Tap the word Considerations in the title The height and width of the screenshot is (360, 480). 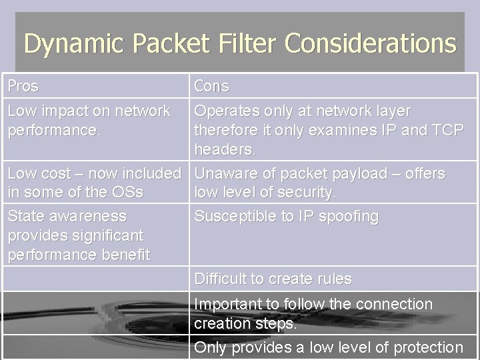(371, 44)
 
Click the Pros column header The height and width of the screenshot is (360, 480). (23, 86)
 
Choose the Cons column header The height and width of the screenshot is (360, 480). (211, 86)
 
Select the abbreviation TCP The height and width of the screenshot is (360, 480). (447, 130)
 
